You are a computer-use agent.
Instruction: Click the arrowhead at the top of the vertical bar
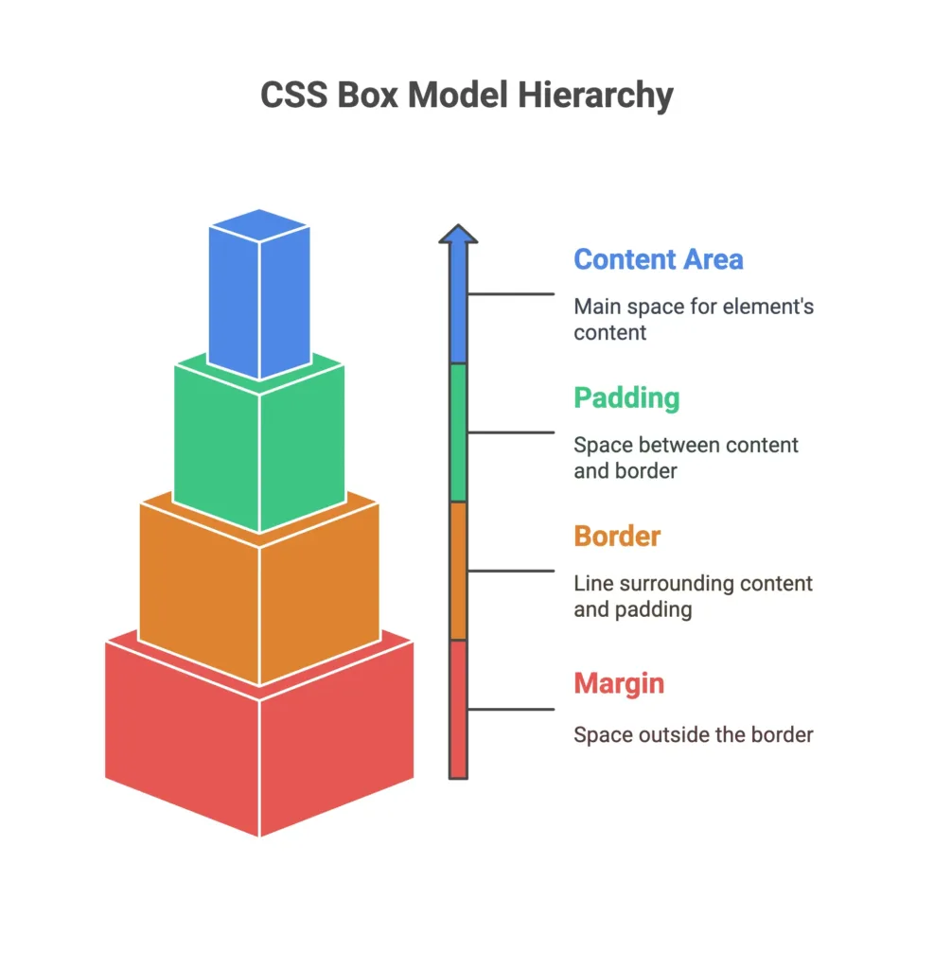click(458, 237)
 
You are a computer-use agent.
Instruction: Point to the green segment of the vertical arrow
click(458, 432)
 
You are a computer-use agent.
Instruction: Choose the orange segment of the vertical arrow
click(458, 571)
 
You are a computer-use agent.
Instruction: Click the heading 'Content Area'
click(658, 259)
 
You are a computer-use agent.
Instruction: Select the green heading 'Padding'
click(626, 397)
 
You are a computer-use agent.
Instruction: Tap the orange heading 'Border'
click(617, 536)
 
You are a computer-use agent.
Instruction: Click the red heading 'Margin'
click(619, 682)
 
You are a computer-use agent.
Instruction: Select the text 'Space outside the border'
click(693, 734)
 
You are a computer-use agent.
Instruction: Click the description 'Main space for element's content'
click(693, 319)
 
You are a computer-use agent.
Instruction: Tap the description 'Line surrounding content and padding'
click(693, 596)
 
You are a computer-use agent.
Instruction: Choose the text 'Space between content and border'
click(686, 457)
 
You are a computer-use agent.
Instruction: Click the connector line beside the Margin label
click(511, 709)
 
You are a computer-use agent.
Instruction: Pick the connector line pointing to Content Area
click(511, 293)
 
